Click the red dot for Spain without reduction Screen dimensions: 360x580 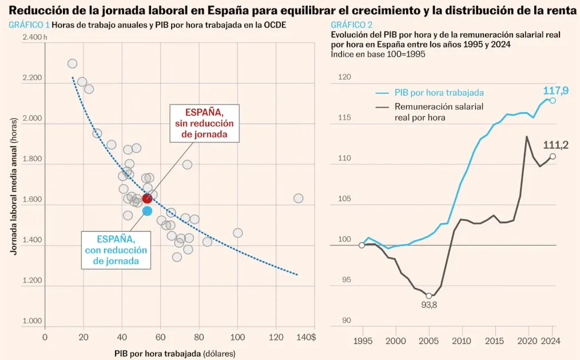point(147,198)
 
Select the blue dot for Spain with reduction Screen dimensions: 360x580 point(147,211)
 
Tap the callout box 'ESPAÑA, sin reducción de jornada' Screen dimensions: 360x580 point(205,123)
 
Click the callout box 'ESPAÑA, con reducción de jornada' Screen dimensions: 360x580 point(116,250)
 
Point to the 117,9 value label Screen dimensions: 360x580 point(555,90)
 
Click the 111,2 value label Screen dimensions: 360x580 point(555,145)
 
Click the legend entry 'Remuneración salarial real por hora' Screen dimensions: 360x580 point(439,112)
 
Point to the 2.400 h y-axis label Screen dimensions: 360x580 point(35,37)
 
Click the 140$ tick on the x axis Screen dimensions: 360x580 point(306,337)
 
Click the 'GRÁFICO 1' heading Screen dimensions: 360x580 point(29,26)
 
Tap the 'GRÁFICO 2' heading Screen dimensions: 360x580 point(351,25)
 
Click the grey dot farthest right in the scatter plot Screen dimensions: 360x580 point(298,198)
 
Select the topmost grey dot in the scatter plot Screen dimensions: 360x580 point(72,64)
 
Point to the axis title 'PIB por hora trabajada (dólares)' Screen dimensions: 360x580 point(174,353)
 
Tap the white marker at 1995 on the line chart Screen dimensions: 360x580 point(361,245)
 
